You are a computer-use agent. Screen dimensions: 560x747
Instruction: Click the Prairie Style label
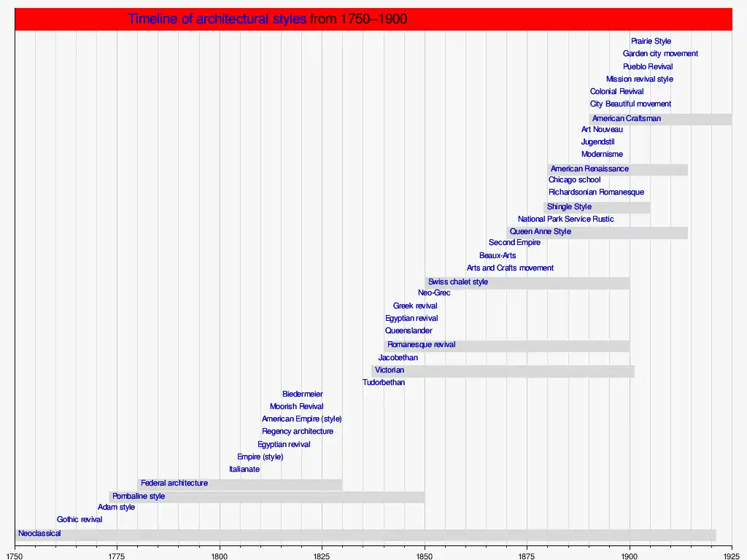pos(651,42)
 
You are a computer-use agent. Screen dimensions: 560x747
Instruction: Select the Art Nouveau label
pos(602,130)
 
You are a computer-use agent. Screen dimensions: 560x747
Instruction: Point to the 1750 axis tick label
pos(15,556)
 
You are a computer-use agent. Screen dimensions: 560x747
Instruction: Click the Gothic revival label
pos(80,520)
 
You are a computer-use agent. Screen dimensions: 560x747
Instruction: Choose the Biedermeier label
pos(302,394)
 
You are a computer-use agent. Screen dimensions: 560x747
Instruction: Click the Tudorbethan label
pos(384,383)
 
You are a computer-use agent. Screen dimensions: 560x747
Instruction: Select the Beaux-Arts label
pos(498,256)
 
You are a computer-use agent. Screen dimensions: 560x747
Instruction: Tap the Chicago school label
pos(575,180)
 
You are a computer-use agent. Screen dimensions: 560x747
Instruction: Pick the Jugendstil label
pos(598,142)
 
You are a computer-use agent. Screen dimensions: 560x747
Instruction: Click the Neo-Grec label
pos(434,293)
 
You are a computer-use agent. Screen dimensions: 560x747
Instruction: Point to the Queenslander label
pos(409,331)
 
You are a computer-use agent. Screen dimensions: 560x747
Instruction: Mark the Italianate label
pos(244,470)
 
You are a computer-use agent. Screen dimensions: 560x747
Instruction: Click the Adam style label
pos(116,507)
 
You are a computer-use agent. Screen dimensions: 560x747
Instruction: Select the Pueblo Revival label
pos(648,67)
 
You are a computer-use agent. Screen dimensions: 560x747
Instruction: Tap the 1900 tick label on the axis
pos(630,556)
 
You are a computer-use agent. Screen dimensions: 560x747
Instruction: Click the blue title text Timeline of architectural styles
pos(217,19)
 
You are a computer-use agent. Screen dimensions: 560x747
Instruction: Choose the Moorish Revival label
pos(296,407)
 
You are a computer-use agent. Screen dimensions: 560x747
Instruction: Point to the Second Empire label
pos(514,243)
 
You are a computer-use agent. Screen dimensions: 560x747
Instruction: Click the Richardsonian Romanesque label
pos(596,192)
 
